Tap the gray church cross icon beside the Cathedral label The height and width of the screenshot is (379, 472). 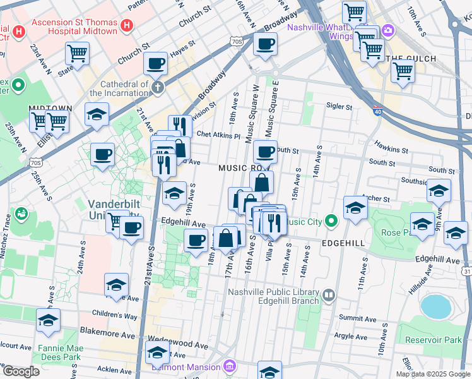pos(157,87)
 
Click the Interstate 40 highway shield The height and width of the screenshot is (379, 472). pos(377,109)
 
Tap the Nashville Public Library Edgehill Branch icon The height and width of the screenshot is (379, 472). pos(329,295)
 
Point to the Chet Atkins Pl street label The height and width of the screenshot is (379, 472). pos(219,135)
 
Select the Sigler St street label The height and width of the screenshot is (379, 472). pos(339,107)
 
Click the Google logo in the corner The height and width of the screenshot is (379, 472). pos(21,371)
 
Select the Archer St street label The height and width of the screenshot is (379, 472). pos(377,198)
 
